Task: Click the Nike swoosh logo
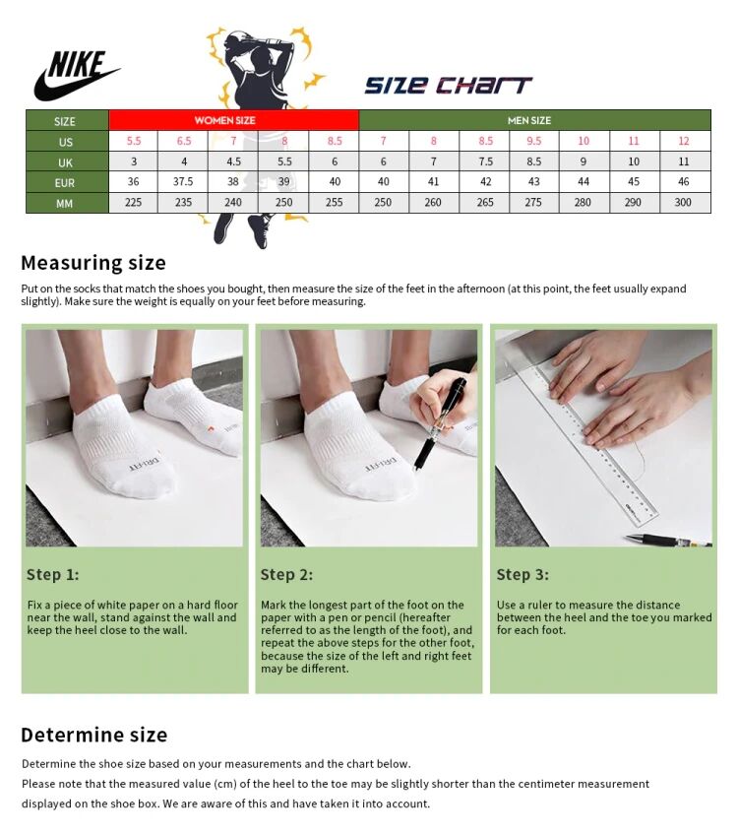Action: click(x=77, y=76)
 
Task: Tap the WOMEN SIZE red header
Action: click(x=224, y=120)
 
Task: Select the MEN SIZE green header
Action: click(x=528, y=120)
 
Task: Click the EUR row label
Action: click(x=65, y=182)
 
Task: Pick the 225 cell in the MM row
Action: click(x=133, y=203)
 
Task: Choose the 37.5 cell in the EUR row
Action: click(x=183, y=182)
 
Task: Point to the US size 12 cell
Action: click(x=684, y=141)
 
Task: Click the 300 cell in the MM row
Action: click(x=684, y=203)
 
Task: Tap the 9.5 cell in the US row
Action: click(x=533, y=141)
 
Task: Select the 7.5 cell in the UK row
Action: click(x=484, y=161)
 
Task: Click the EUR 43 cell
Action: click(x=533, y=182)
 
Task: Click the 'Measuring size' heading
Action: click(x=93, y=263)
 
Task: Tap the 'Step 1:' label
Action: click(x=52, y=575)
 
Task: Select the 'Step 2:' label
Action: click(x=286, y=575)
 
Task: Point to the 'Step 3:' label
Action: click(x=523, y=575)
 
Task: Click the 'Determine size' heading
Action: click(x=94, y=735)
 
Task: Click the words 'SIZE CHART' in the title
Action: click(x=448, y=85)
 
